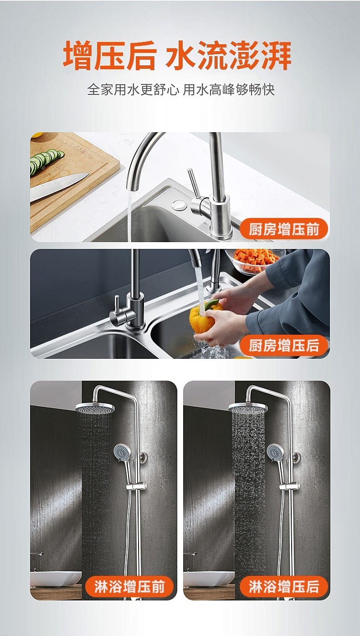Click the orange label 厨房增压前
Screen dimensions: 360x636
284,229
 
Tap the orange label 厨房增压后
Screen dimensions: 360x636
284,345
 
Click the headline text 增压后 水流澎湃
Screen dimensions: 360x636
177,55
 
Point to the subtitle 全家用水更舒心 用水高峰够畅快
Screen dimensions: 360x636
181,89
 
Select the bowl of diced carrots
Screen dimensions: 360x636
253,261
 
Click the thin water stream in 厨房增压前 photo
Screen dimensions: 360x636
129,216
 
